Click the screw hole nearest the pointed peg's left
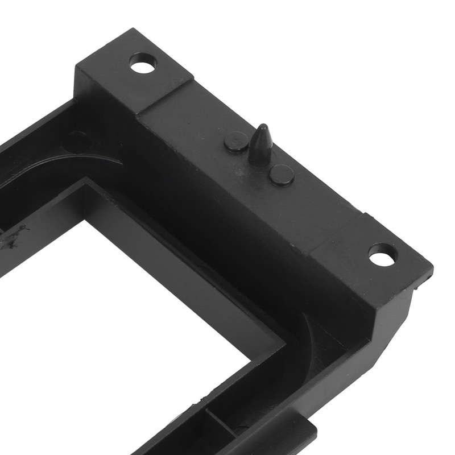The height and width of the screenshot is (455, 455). coord(143,64)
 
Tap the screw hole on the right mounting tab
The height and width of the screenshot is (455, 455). coord(382,254)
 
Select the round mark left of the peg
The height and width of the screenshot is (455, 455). coord(235,141)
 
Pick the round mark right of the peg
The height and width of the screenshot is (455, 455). coord(282,175)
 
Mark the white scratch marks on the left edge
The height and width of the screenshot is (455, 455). coord(17,236)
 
